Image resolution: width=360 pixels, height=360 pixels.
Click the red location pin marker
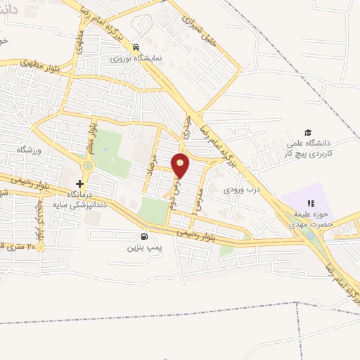coord(180,165)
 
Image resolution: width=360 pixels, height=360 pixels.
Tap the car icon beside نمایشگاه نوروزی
coord(134,47)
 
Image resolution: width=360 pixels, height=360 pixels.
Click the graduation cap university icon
coord(307,131)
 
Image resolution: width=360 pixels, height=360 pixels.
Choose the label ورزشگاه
coord(30,150)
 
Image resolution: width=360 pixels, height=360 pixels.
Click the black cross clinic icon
coord(79,184)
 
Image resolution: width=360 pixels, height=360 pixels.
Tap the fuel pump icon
coord(145,236)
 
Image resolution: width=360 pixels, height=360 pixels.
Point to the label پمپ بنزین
coord(145,248)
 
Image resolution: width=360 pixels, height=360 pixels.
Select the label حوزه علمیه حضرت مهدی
coord(312,221)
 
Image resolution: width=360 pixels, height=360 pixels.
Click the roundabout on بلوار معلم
coord(88,166)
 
